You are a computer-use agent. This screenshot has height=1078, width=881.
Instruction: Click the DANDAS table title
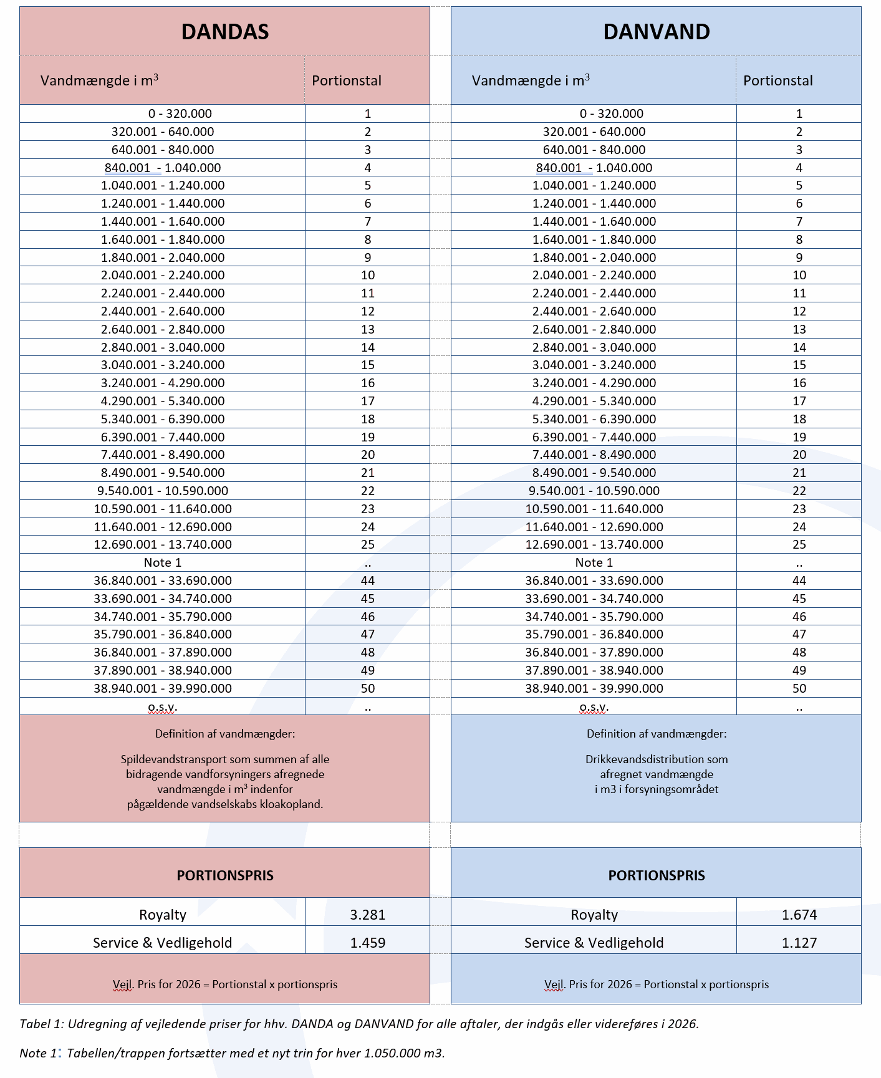pos(224,32)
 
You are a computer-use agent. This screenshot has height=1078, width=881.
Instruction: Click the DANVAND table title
pos(656,32)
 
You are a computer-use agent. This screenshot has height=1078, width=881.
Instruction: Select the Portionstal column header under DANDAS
pos(347,80)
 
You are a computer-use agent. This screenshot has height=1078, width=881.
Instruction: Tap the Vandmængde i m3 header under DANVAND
pos(531,80)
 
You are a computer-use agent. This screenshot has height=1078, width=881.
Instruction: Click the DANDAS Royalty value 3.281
pos(367,915)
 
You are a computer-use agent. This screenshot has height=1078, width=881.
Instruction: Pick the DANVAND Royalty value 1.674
pos(799,915)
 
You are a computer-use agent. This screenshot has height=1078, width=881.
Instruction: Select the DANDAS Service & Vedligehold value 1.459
pos(367,943)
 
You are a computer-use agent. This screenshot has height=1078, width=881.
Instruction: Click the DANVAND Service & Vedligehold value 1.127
pos(799,943)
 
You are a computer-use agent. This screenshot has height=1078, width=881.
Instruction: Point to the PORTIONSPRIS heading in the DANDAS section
pos(224,875)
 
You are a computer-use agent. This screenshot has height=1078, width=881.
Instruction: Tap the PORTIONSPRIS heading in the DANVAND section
pos(656,875)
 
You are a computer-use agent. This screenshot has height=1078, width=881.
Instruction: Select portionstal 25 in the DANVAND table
pos(799,544)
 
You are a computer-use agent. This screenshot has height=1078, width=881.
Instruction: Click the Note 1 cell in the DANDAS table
pos(162,562)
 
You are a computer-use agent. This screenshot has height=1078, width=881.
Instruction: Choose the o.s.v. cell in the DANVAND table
pos(594,706)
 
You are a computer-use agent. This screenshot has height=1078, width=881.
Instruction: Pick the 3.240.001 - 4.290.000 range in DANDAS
pos(162,383)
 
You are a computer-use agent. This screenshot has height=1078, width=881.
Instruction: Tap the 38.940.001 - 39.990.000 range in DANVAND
pos(594,688)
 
